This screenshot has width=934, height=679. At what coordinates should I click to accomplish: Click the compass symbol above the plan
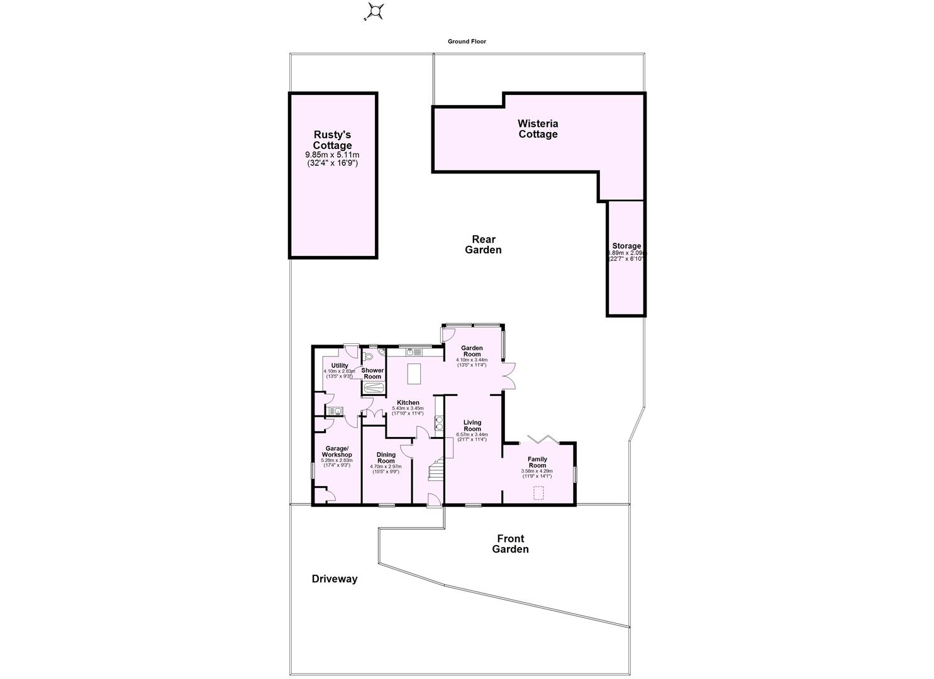tap(375, 11)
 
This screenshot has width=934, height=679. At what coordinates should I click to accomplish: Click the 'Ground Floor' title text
tap(467, 41)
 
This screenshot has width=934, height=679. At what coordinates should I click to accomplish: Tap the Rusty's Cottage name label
tap(332, 140)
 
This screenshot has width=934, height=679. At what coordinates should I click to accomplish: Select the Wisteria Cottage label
tap(538, 129)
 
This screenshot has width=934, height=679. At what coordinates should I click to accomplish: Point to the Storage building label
tap(626, 246)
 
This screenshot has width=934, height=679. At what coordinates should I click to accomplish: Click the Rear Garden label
tap(483, 245)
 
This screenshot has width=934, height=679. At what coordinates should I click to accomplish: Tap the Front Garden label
tap(510, 544)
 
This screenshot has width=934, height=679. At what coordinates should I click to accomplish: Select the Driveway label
tap(335, 579)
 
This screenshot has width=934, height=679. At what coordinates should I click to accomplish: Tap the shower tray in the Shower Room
tap(374, 389)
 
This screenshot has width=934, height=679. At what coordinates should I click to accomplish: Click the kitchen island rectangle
tap(414, 373)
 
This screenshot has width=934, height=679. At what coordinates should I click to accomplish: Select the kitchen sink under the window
tap(413, 352)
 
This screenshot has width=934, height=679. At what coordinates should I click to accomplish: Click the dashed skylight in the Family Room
tap(538, 492)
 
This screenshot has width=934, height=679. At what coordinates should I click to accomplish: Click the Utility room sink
tap(334, 412)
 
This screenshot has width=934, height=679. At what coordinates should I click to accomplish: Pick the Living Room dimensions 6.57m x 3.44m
tap(472, 434)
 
